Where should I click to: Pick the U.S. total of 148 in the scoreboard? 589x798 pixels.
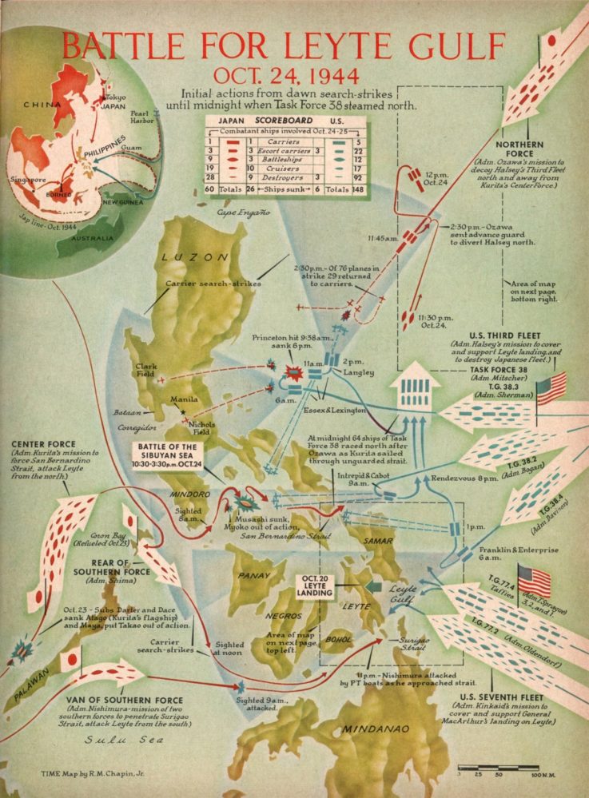[349, 189]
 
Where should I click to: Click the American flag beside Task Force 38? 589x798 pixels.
[551, 388]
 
